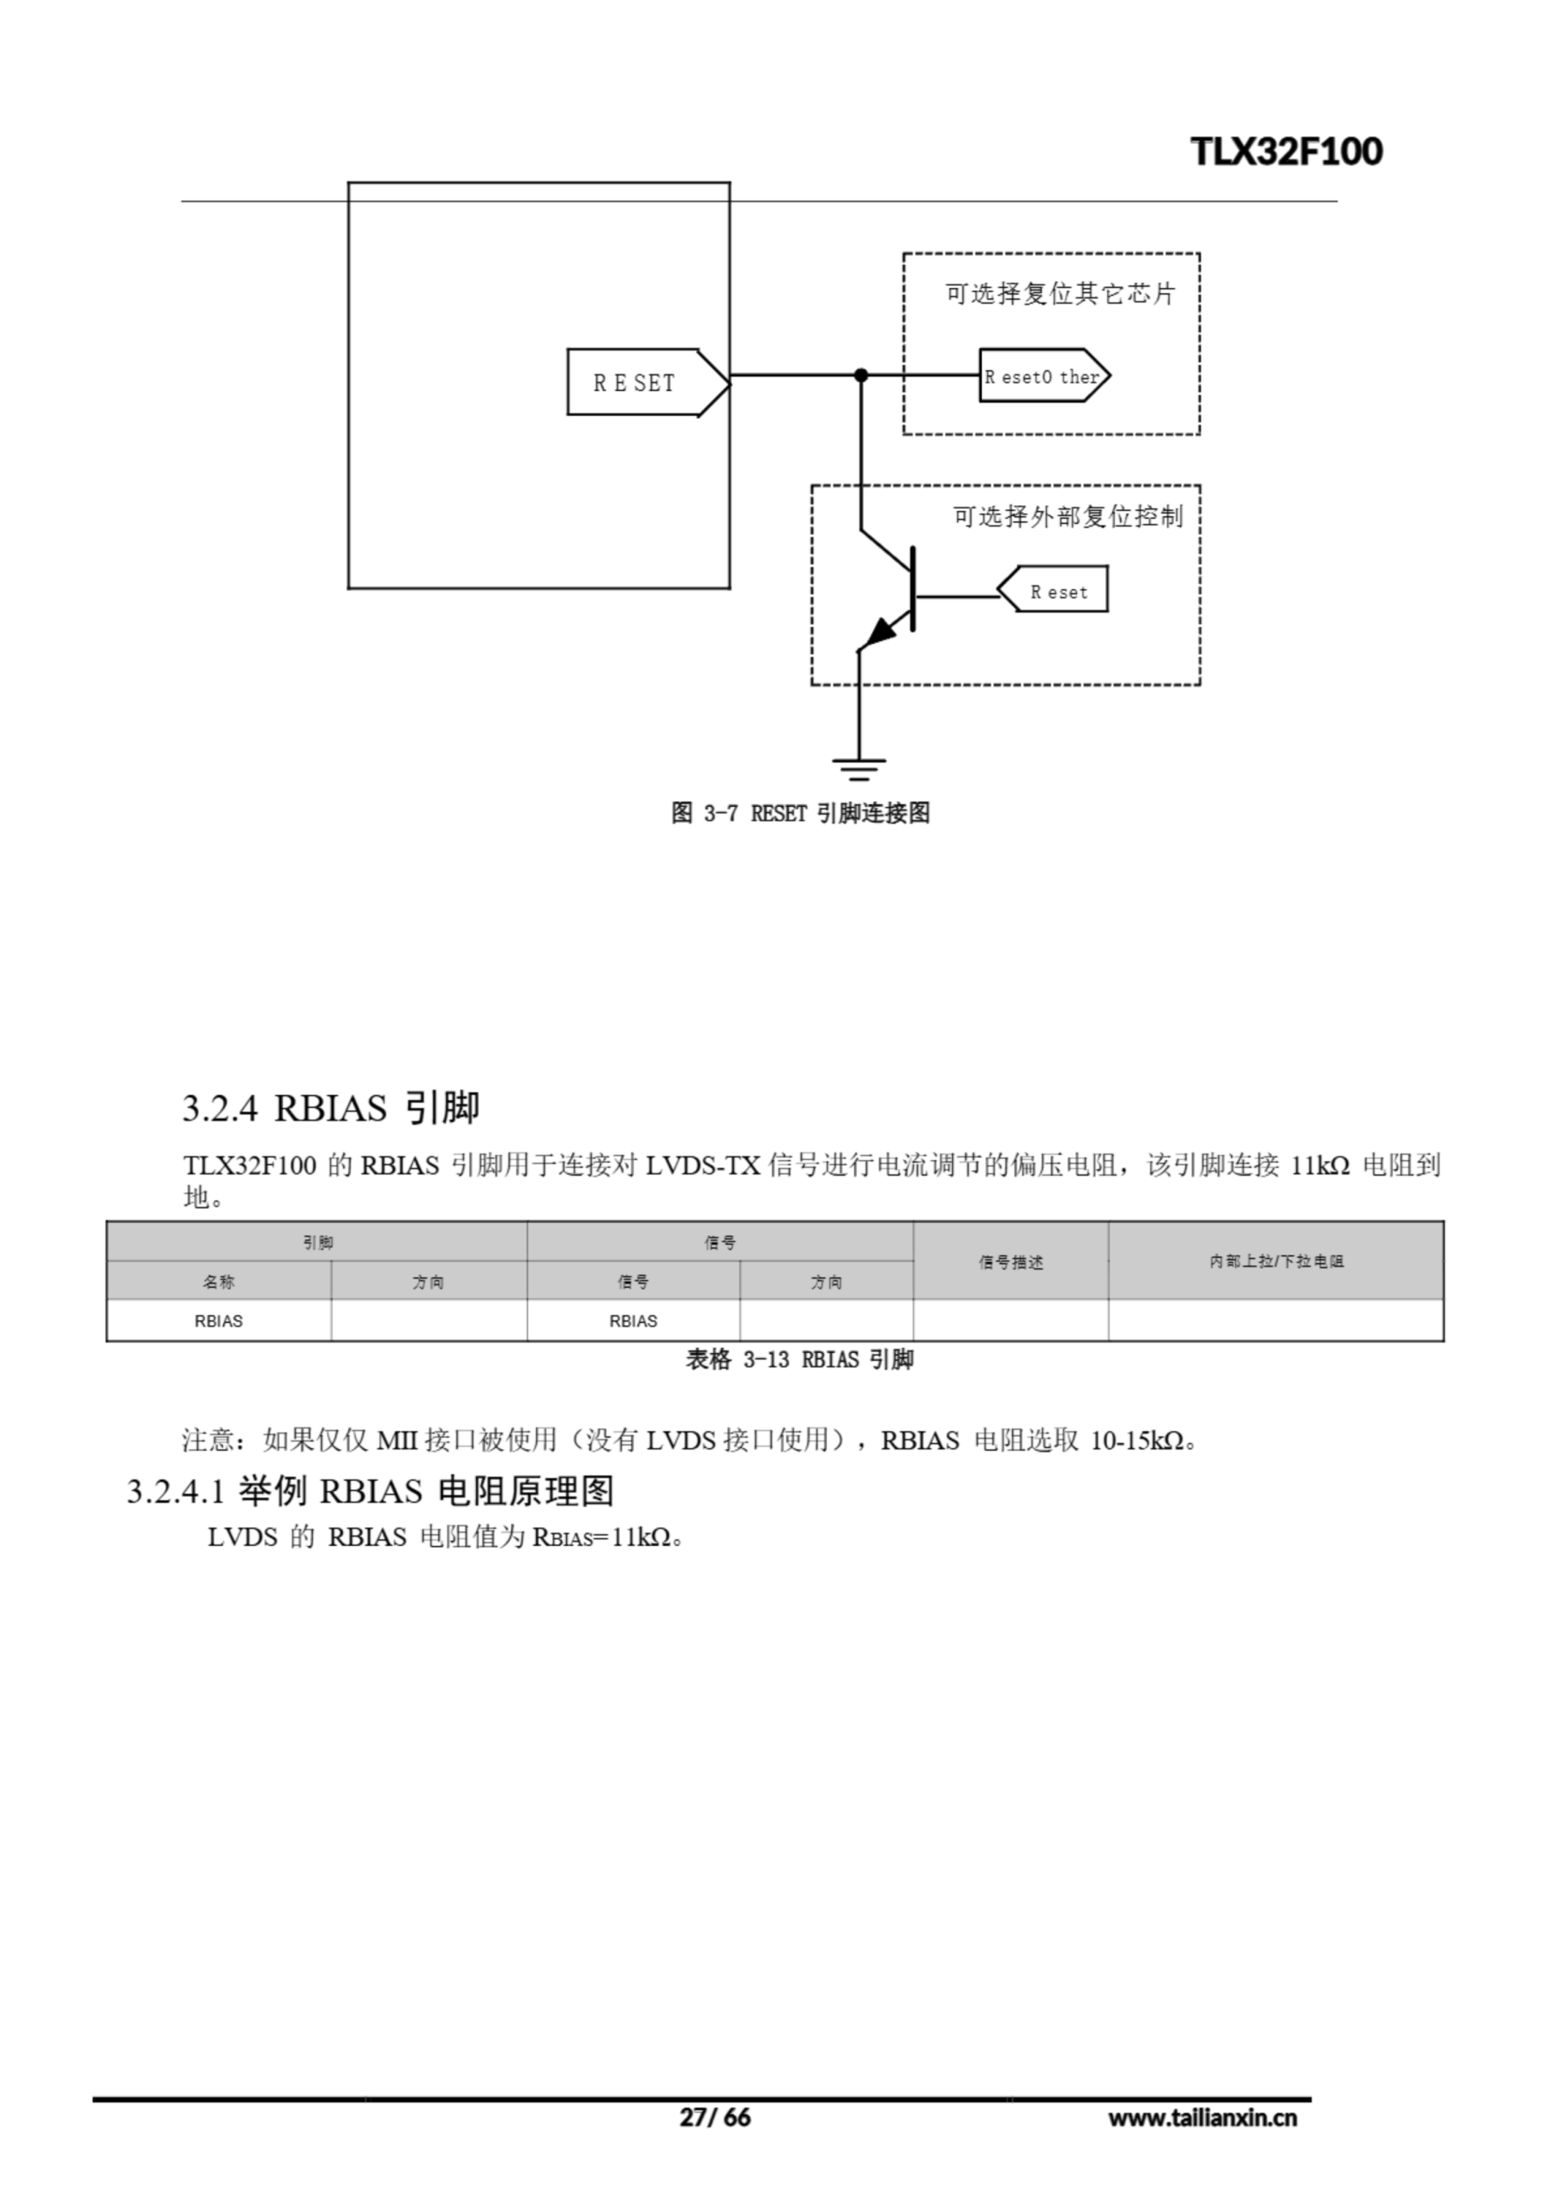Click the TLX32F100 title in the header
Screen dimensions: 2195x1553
[x=1286, y=152]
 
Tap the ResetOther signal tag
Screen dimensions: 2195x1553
[x=1043, y=376]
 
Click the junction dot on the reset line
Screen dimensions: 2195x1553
[x=861, y=376]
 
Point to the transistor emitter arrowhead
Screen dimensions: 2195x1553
[x=881, y=631]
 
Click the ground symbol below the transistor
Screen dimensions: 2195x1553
[x=858, y=767]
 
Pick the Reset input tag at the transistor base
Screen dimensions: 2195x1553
[x=1056, y=592]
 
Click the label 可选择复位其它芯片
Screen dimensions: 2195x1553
[x=1060, y=293]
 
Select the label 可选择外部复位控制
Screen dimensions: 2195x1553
[x=1068, y=517]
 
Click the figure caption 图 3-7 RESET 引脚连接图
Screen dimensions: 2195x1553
[x=800, y=814]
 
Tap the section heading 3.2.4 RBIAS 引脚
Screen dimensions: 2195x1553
[x=331, y=1108]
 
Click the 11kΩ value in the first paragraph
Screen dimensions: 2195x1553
[x=1320, y=1165]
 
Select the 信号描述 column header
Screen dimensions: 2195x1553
[x=1011, y=1262]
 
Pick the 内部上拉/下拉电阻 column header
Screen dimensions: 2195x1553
[x=1276, y=1261]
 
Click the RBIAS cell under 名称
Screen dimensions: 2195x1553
[x=219, y=1321]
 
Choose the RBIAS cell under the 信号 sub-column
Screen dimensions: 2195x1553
[x=633, y=1321]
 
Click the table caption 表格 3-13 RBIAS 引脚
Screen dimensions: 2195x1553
[x=799, y=1360]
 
